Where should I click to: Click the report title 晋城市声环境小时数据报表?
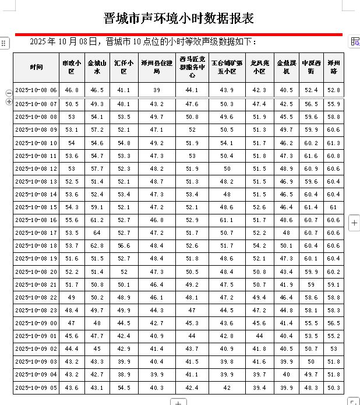(179, 18)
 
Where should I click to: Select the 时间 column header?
(36, 67)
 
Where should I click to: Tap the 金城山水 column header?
(97, 67)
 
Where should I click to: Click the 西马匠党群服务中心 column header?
(192, 67)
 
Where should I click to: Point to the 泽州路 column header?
(333, 67)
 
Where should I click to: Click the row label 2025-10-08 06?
(36, 90)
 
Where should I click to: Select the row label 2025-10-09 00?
(36, 323)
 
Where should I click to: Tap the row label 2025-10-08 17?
(36, 233)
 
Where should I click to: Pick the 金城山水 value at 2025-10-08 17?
(97, 233)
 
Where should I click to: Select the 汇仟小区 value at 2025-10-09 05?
(123, 388)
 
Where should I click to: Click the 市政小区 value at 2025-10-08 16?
(72, 220)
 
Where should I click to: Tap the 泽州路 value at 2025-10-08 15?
(333, 207)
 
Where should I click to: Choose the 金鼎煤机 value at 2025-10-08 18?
(287, 246)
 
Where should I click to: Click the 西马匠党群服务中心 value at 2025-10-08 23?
(192, 310)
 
